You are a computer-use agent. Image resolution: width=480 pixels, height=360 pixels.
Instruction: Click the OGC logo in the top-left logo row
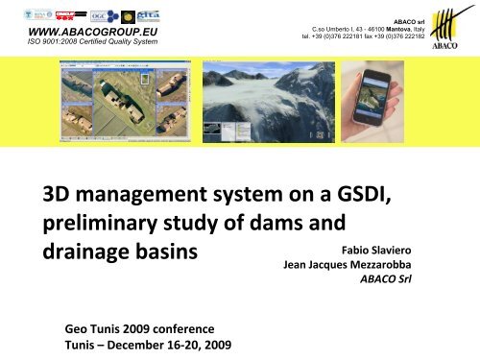coord(99,14)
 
